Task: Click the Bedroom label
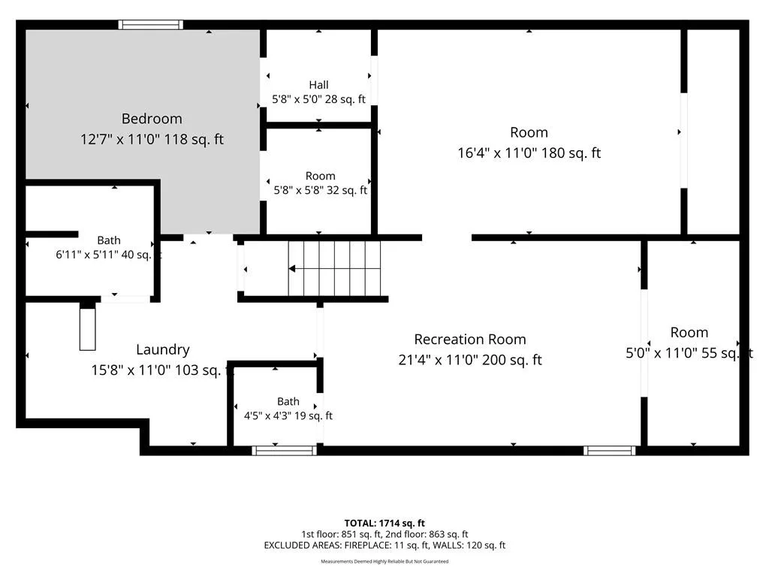[152, 119]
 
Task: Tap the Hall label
[318, 85]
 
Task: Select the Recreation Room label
[470, 339]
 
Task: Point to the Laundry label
[163, 349]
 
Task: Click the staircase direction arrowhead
[292, 268]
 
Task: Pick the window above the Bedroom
[150, 25]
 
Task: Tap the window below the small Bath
[285, 451]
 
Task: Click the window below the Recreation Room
[610, 451]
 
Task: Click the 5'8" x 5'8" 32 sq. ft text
[320, 190]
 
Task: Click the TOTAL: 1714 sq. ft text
[384, 523]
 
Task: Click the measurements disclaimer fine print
[384, 561]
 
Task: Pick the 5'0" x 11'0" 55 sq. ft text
[689, 353]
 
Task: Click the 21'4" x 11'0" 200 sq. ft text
[470, 360]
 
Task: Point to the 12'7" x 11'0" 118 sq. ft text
[152, 139]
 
